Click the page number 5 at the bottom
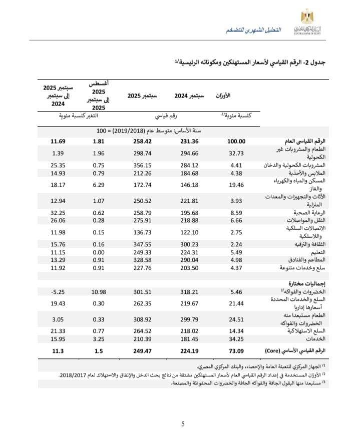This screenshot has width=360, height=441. (183, 424)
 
